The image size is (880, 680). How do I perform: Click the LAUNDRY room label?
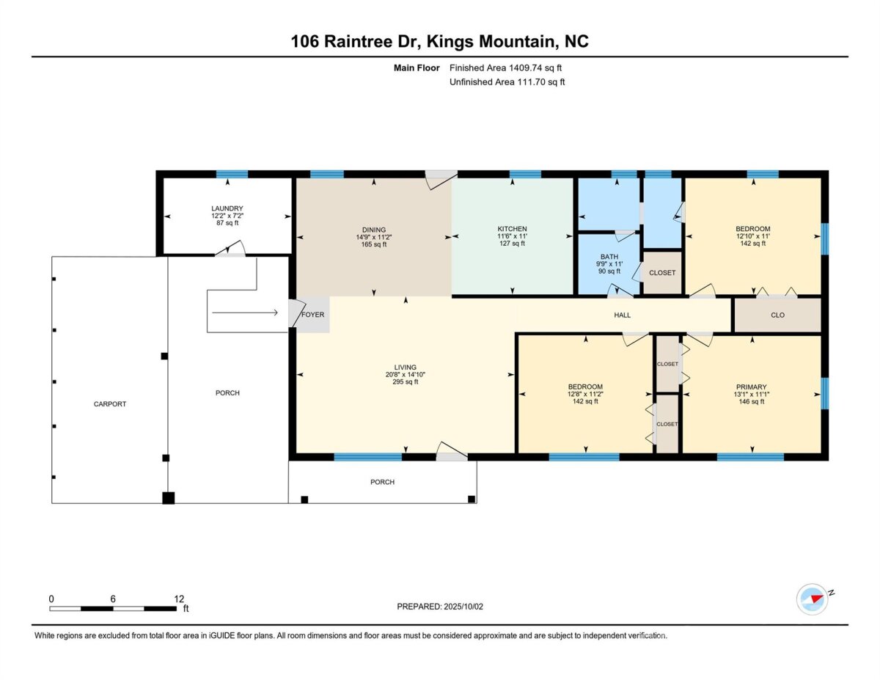tap(227, 208)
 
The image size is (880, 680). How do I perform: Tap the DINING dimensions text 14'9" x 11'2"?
tap(374, 238)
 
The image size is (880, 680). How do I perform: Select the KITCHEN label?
tap(513, 229)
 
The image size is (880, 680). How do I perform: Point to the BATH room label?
tap(609, 257)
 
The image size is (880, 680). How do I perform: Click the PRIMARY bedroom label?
tap(751, 387)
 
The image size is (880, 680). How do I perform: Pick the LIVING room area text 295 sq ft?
tap(406, 381)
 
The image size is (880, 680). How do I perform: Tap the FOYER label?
tap(312, 315)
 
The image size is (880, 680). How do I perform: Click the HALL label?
tap(622, 315)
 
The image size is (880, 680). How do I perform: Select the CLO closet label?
tap(777, 315)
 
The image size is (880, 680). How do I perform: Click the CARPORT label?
tap(110, 403)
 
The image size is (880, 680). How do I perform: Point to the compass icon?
tap(812, 599)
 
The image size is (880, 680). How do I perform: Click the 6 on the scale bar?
tap(113, 599)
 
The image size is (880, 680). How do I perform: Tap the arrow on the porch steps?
tap(245, 312)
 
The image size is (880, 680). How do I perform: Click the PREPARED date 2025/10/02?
tap(463, 607)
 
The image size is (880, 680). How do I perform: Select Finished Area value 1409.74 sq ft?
tap(535, 68)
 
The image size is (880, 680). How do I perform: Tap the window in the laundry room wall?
tap(232, 175)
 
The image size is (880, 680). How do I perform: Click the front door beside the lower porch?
tap(452, 452)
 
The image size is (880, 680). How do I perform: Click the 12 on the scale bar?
tap(179, 599)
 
